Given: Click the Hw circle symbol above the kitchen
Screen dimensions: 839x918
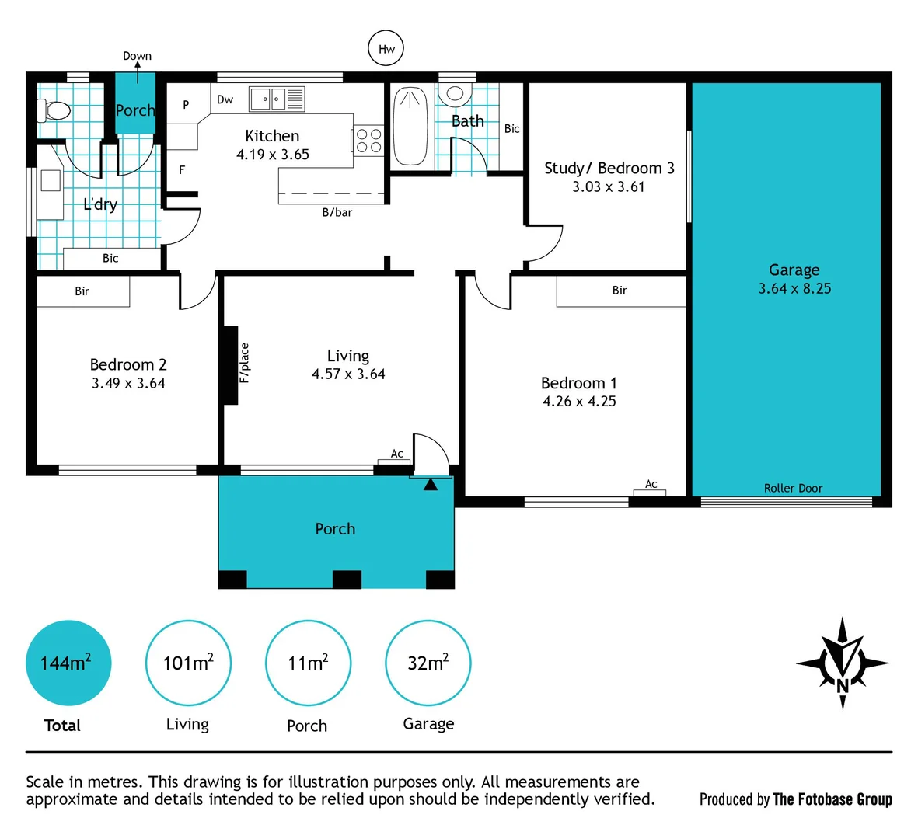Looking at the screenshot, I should click(386, 49).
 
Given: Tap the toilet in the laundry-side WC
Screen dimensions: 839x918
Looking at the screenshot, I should click(54, 110).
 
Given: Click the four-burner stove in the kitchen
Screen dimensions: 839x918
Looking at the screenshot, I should click(368, 141).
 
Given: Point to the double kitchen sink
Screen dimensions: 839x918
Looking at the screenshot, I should click(277, 99).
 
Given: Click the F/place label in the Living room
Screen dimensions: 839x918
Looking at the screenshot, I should click(245, 363).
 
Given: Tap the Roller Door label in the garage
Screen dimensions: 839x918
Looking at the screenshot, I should click(793, 488).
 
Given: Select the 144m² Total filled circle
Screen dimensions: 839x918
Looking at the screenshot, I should click(68, 663).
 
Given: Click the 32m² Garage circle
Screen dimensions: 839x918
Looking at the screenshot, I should click(428, 663).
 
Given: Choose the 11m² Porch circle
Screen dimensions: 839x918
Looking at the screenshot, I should click(308, 663).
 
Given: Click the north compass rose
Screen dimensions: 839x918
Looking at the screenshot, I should click(842, 663).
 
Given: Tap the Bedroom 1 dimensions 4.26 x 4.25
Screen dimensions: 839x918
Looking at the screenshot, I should click(579, 402).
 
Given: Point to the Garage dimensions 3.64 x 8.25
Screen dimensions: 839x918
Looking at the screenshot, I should click(794, 288).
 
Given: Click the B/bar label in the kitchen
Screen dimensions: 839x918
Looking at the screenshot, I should click(337, 212).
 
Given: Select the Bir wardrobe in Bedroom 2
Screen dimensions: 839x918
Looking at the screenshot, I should click(82, 291).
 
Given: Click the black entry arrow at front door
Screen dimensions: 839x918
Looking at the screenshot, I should click(430, 484).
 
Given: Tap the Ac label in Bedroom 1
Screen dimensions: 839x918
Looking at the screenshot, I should click(651, 484).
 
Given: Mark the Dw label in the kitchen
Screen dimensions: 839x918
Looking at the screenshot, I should click(225, 99).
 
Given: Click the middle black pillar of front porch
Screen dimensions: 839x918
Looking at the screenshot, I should click(347, 580).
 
